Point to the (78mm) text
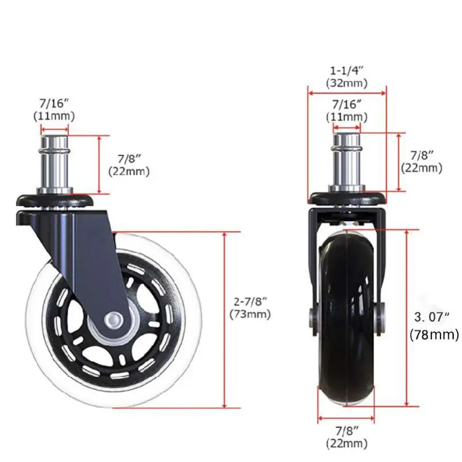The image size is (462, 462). (434, 334)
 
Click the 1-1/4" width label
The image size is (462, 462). (346, 70)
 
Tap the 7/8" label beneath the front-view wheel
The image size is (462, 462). (346, 431)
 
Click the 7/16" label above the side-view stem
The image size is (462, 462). (54, 103)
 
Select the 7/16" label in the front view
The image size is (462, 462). (346, 104)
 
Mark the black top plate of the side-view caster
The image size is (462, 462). (55, 200)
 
